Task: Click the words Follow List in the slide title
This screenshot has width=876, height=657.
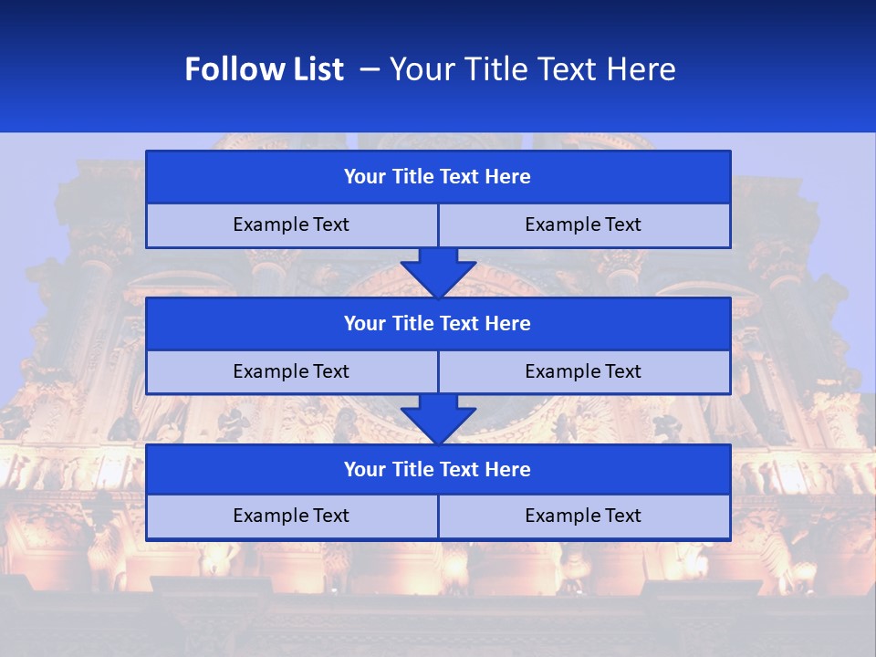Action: click(x=264, y=69)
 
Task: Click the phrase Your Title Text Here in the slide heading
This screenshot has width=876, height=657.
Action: click(x=532, y=69)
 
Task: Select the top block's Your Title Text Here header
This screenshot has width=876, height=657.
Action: click(x=437, y=177)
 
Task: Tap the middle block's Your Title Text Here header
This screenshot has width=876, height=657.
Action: click(x=437, y=324)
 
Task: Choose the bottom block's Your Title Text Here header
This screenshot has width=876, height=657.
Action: click(x=437, y=470)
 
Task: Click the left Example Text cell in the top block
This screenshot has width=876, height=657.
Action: click(x=291, y=225)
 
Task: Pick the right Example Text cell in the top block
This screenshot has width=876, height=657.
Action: click(x=583, y=225)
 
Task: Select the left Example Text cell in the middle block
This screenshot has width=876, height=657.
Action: click(x=291, y=372)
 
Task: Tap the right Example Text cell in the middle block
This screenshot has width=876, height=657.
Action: click(x=583, y=372)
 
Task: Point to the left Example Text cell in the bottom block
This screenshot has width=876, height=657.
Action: click(x=291, y=516)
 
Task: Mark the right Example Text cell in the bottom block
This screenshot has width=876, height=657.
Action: click(x=583, y=516)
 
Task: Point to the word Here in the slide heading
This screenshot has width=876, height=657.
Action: click(x=644, y=69)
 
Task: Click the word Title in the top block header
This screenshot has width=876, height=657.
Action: click(x=411, y=177)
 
